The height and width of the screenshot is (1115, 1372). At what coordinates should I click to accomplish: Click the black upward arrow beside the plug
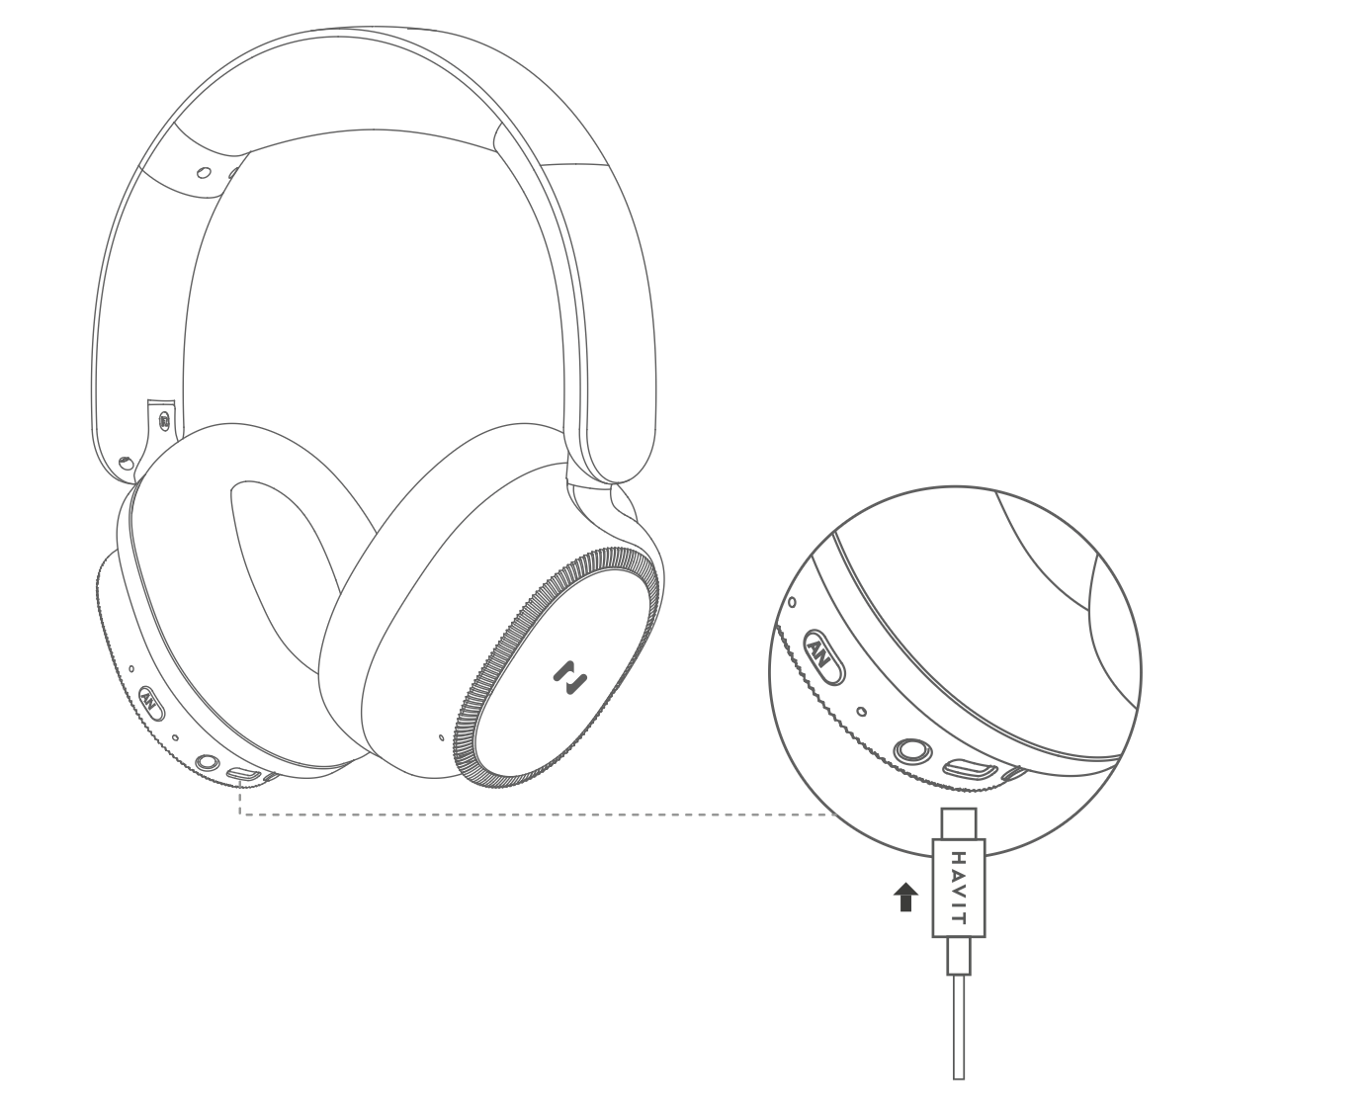904,898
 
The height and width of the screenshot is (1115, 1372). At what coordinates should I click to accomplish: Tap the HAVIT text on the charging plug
957,887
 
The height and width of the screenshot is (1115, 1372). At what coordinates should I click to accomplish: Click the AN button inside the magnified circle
822,655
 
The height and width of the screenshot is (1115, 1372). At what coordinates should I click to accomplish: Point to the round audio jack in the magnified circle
910,751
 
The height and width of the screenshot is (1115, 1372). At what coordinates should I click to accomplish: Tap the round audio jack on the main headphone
208,763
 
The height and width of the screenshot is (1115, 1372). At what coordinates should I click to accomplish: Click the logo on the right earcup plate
569,677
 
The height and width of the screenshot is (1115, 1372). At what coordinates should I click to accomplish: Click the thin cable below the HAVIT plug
958,1028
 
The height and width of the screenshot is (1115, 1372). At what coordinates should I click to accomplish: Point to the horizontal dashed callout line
534,815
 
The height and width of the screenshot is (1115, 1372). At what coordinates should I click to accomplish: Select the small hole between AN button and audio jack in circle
862,711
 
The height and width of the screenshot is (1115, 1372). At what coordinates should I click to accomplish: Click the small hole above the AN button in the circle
792,601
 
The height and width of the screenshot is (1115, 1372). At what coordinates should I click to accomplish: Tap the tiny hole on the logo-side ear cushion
441,735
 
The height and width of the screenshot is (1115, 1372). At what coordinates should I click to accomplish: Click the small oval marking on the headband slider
204,172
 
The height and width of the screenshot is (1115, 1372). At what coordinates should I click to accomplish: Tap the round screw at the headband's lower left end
125,463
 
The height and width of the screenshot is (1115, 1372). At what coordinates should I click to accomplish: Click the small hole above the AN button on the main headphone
130,669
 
